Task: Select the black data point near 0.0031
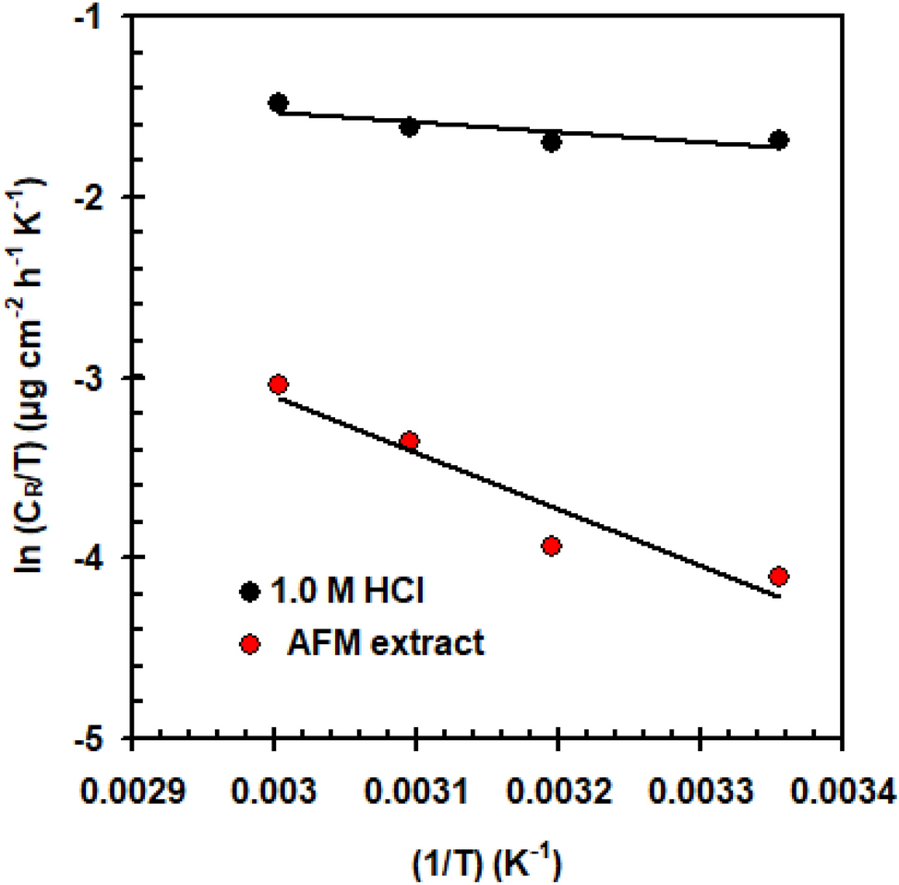point(410,126)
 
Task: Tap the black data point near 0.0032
point(552,142)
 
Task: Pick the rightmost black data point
point(778,140)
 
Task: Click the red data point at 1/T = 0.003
point(278,384)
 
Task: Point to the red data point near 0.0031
point(410,441)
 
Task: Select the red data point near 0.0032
point(552,546)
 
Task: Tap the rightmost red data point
point(778,577)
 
